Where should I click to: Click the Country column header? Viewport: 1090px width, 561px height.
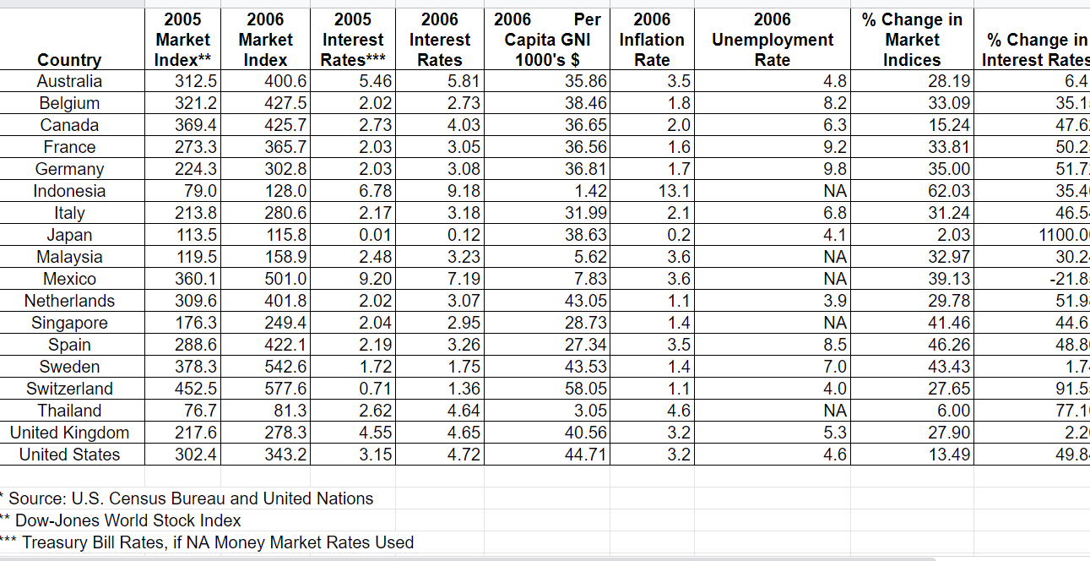coord(69,60)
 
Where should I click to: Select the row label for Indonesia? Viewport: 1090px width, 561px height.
coord(69,191)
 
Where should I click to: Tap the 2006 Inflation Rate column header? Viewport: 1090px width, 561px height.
coord(652,40)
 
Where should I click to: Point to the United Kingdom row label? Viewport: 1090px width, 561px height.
coord(69,433)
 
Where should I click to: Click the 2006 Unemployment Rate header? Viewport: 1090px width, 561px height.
coord(772,40)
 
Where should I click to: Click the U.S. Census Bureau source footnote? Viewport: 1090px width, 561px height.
coord(190,498)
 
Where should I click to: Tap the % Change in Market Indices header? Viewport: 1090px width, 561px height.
coord(912,40)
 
